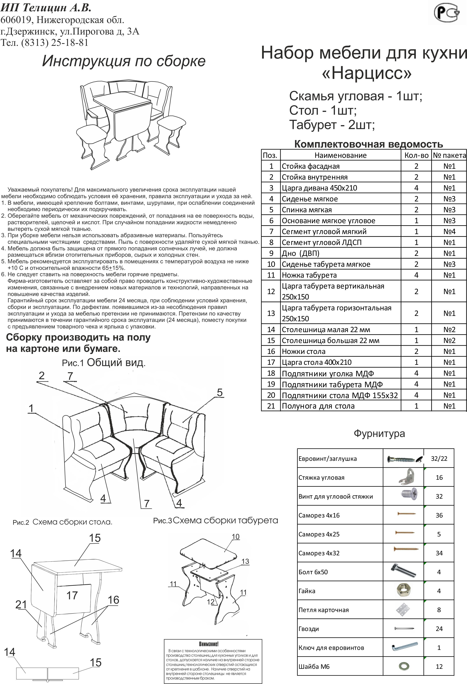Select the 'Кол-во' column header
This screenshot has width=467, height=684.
click(416, 155)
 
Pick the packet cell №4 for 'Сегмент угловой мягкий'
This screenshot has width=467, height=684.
click(449, 232)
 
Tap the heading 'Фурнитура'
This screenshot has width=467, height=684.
click(379, 433)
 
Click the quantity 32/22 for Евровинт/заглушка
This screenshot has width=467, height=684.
click(439, 459)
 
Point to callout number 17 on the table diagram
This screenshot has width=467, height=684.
click(72, 595)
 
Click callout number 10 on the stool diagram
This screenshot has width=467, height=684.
click(235, 537)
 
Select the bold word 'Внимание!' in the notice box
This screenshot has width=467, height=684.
click(209, 644)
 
